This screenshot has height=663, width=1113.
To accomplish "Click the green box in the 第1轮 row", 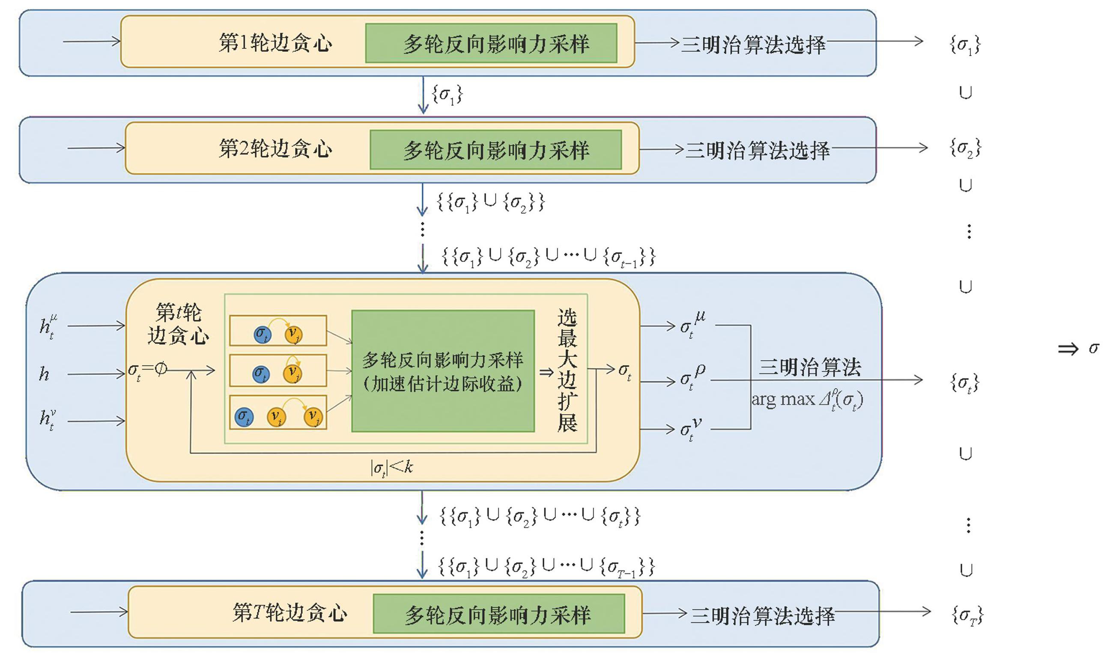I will (491, 43).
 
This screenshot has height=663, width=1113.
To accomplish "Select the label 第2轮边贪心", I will (275, 149).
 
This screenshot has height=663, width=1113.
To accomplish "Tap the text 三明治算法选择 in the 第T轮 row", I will (762, 615).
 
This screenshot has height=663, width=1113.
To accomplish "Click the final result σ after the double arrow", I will (1093, 348).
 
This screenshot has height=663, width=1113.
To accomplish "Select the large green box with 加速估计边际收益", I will (443, 371).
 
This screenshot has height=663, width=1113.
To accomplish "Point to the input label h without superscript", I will (44, 373).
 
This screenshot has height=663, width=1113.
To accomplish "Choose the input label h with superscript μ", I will (48, 326).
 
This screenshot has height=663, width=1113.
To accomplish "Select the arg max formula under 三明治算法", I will (807, 400).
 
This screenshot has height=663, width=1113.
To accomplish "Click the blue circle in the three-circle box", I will (244, 417).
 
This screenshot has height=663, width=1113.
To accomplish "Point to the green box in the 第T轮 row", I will (498, 613).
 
